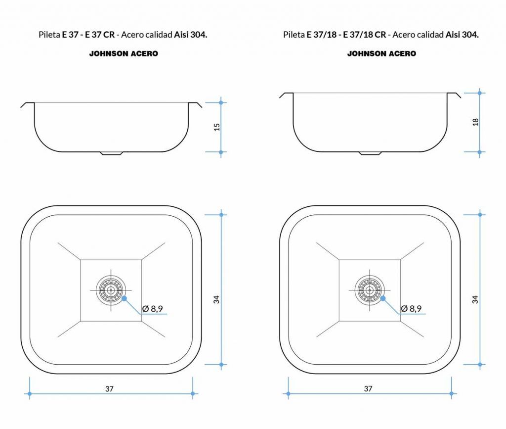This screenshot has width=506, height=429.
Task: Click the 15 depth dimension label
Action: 217,127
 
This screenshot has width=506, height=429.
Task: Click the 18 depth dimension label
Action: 475,122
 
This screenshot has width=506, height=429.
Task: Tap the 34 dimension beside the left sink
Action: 216,299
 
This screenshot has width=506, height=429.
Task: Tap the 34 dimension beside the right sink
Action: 475,299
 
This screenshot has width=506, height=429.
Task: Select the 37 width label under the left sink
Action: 109,388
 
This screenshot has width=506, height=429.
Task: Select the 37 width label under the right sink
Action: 368,388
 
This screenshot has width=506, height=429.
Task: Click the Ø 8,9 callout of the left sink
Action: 152,309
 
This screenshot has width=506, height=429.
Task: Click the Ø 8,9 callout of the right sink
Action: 411,309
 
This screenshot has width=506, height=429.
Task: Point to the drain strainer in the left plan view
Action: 111,290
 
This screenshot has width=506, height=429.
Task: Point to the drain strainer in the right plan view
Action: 370,290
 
